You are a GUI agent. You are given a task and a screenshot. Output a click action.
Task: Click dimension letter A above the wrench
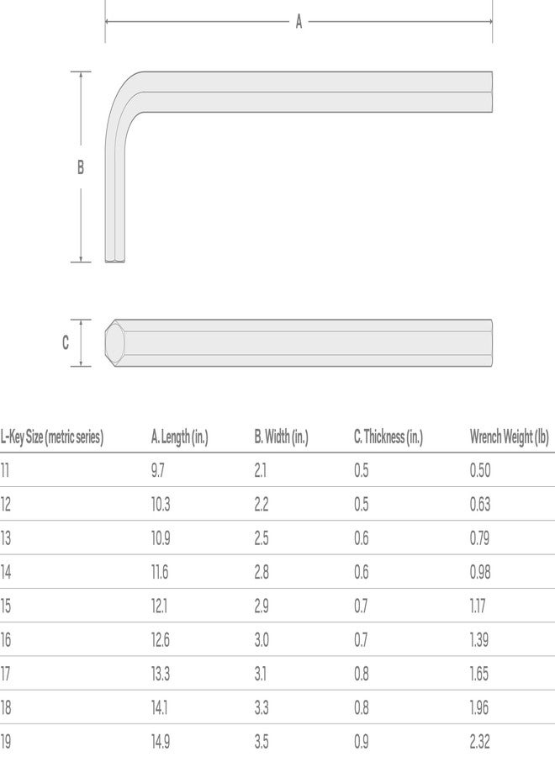coord(299,23)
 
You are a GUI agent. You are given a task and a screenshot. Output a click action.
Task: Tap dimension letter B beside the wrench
coord(81,167)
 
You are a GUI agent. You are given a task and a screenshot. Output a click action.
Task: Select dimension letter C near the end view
coord(66,343)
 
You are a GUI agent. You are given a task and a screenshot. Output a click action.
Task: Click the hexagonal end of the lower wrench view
coord(113,343)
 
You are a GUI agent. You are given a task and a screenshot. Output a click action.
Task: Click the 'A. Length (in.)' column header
coord(179,437)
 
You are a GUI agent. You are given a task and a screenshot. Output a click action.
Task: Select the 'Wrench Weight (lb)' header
coord(509,437)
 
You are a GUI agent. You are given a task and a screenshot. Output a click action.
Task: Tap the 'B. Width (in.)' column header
coord(281,437)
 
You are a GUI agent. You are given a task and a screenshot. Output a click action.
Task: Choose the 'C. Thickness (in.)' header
coord(388,437)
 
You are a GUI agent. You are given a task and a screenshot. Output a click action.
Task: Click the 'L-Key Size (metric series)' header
coord(52,437)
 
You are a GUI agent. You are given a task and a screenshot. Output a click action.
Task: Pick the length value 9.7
coord(158,470)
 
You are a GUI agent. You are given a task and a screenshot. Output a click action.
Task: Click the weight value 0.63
coord(480,505)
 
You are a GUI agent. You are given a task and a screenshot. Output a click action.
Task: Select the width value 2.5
coord(261,538)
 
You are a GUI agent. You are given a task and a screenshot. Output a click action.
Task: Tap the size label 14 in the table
coord(7,572)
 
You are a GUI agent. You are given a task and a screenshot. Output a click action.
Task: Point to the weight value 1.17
coord(478,606)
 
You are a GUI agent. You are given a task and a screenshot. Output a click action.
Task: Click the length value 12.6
coord(160,640)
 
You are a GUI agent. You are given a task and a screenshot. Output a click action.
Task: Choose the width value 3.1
coord(261,674)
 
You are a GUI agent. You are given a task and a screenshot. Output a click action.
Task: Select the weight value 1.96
coord(479,707)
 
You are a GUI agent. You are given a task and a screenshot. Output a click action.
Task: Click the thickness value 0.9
coord(362,741)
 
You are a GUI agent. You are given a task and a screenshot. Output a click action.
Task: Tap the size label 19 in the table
coord(7,741)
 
